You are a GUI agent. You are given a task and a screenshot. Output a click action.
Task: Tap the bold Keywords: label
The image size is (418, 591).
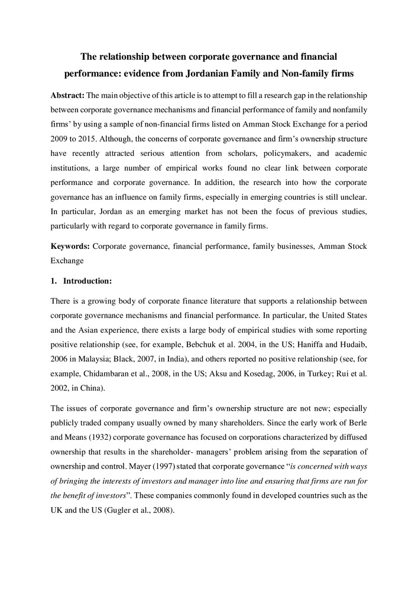click(70, 244)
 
